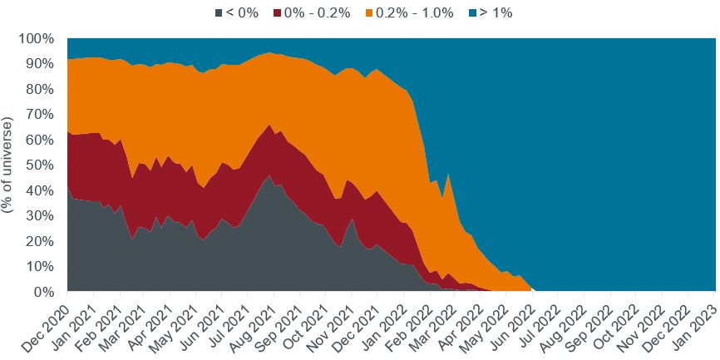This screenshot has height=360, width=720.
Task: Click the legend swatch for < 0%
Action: [x=219, y=12]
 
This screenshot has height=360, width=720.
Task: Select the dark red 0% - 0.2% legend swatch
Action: [x=279, y=12]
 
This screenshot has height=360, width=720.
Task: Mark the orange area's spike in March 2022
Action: [x=448, y=175]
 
